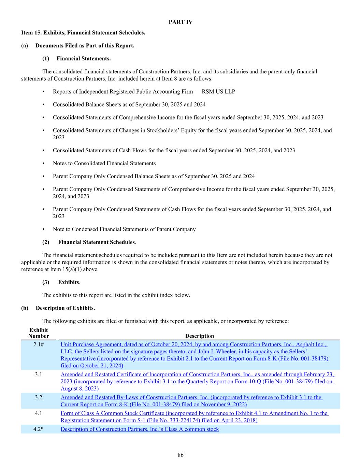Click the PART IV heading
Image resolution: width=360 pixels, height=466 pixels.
pyautogui.click(x=180, y=22)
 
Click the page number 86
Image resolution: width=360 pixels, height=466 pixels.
pyautogui.click(x=181, y=455)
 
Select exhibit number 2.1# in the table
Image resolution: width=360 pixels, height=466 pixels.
pyautogui.click(x=39, y=344)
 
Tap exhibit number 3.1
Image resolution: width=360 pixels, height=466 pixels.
pyautogui.click(x=39, y=375)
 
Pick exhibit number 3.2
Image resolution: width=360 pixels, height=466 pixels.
pyautogui.click(x=39, y=397)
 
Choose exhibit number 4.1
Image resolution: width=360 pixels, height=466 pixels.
pyautogui.click(x=39, y=413)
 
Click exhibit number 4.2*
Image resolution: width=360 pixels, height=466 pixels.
pyautogui.click(x=39, y=429)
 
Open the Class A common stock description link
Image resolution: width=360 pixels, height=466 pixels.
pyautogui.click(x=140, y=429)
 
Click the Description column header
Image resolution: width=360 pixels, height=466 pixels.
pyautogui.click(x=199, y=336)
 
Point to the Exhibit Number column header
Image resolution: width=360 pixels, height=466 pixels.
pyautogui.click(x=39, y=333)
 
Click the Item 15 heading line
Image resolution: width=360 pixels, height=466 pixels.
pyautogui.click(x=83, y=33)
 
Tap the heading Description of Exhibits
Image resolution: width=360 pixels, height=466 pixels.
pyautogui.click(x=65, y=308)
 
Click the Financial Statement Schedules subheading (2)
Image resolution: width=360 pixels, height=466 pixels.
pyautogui.click(x=97, y=242)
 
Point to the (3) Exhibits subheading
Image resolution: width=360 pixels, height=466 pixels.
pyautogui.click(x=69, y=282)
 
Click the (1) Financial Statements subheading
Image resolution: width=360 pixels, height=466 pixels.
pyautogui.click(x=83, y=58)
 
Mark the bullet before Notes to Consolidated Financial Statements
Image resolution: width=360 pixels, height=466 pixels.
pyautogui.click(x=43, y=164)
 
